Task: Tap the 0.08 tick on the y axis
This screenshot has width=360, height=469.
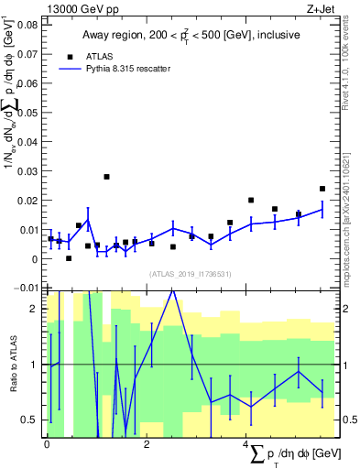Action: point(29,25)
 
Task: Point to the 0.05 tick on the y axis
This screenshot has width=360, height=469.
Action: point(29,113)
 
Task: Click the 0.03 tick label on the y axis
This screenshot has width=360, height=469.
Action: point(29,171)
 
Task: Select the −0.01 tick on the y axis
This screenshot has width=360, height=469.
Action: point(27,288)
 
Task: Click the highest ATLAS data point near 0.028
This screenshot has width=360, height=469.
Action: point(106,177)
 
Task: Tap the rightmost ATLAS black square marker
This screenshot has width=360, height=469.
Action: point(322,189)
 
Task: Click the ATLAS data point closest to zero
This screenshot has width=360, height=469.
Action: point(69,258)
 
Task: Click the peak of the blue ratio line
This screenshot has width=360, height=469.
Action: point(172,290)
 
